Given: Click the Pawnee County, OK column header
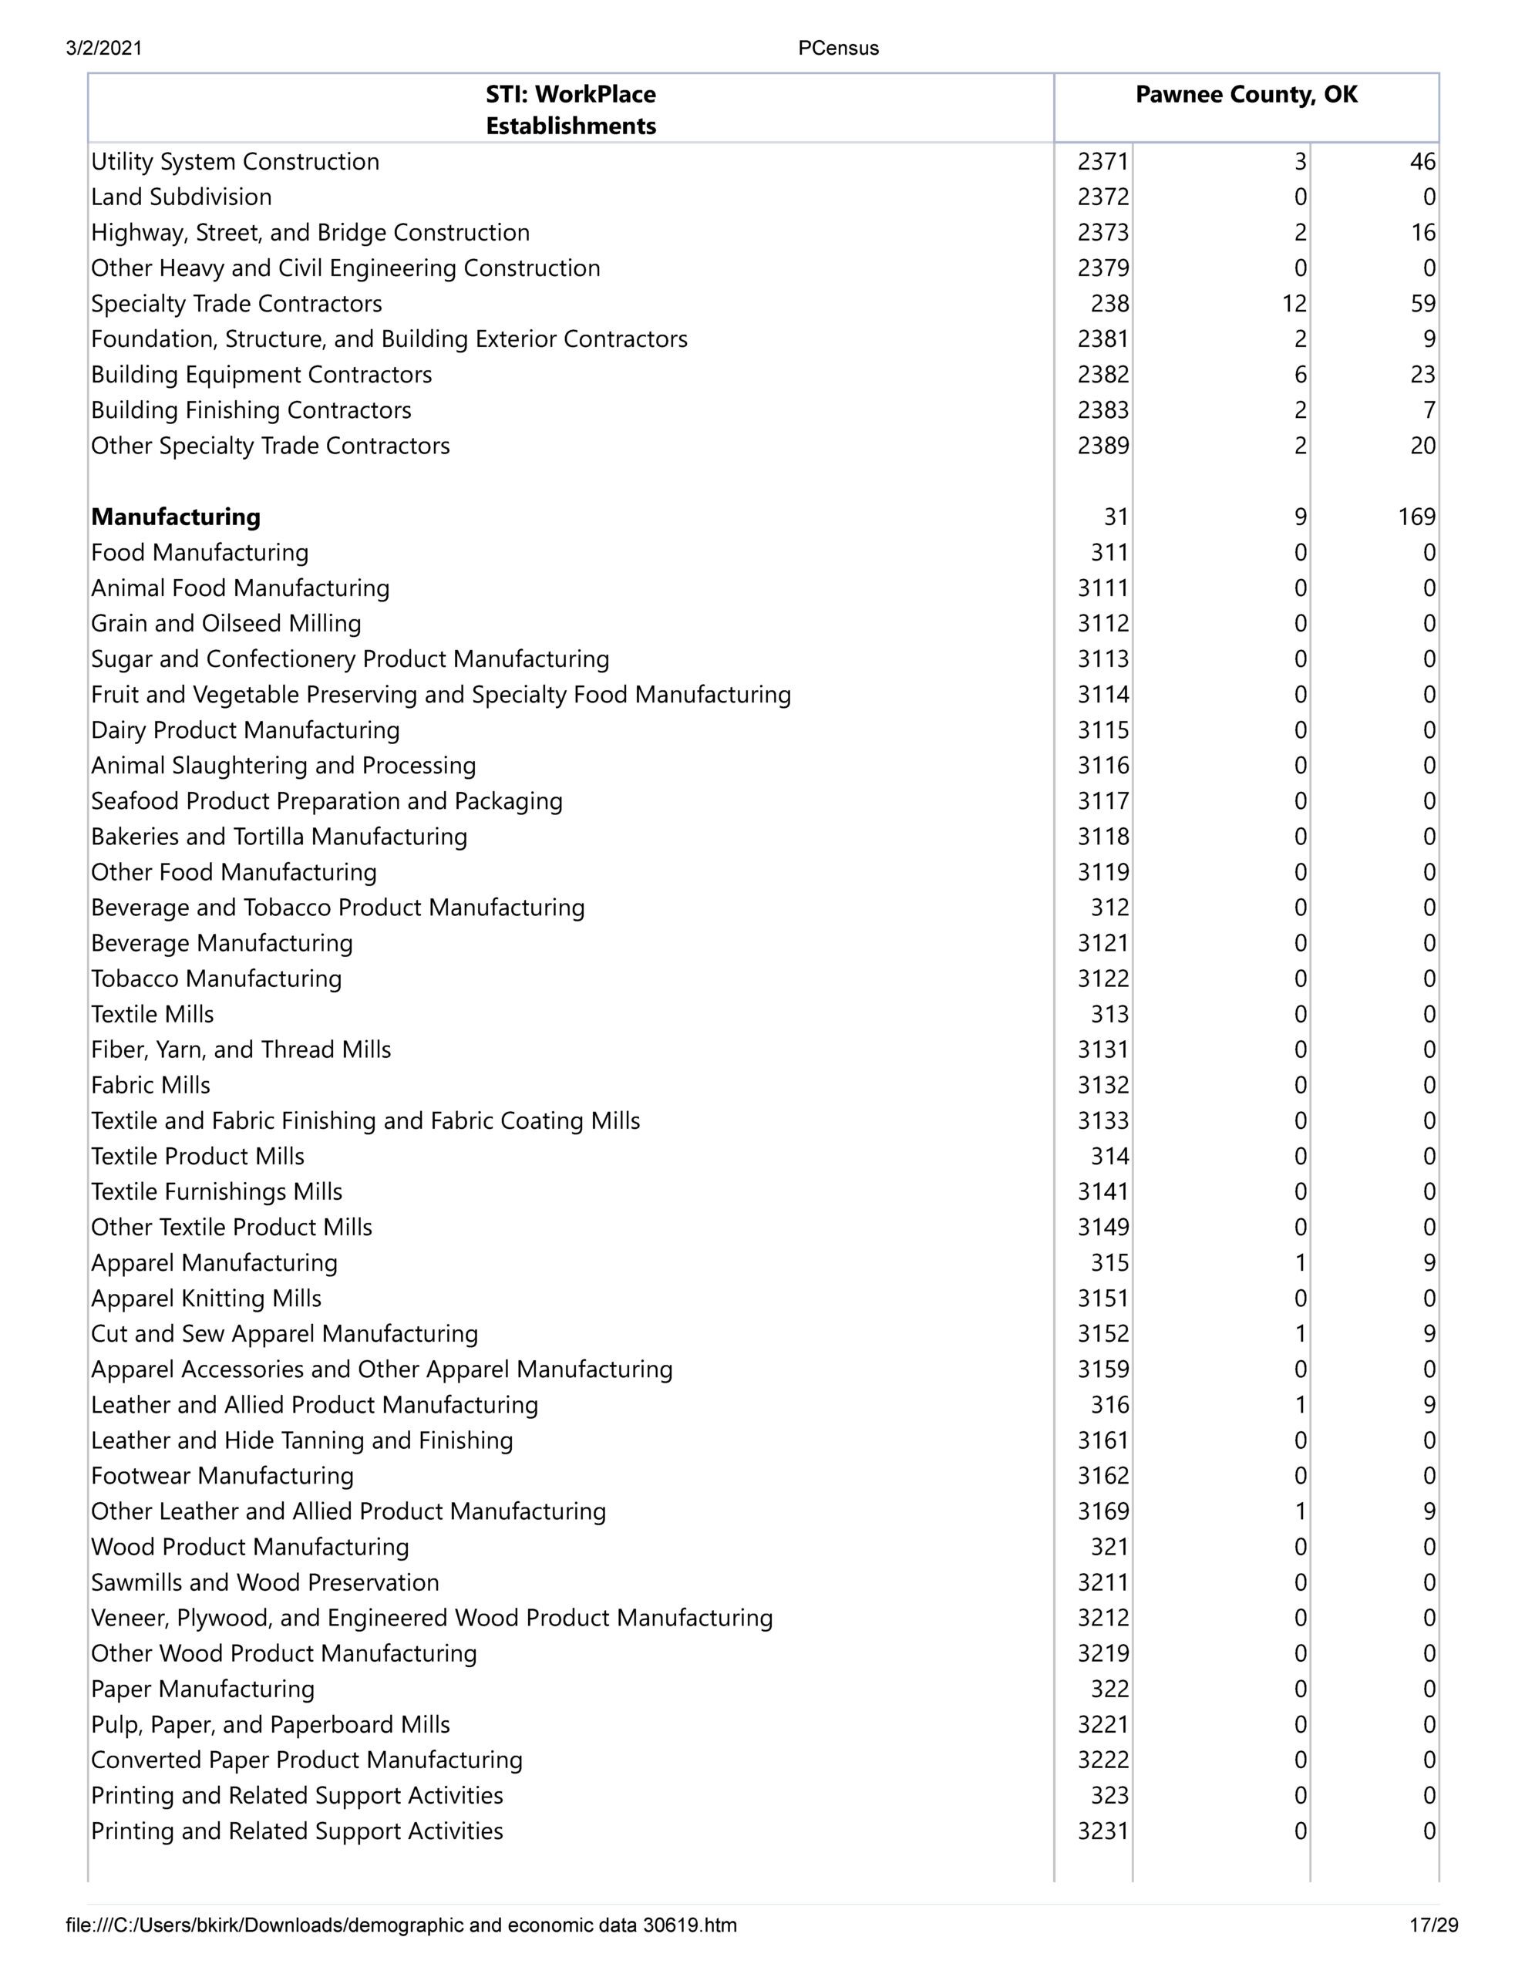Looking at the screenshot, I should [x=1246, y=95].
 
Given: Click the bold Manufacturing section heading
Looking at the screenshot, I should [x=175, y=517].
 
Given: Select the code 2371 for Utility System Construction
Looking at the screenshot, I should [x=1103, y=162].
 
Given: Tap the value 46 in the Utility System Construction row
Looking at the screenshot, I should [x=1422, y=162].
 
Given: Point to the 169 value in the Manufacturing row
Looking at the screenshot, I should [x=1416, y=517].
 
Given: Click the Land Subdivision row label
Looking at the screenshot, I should [x=180, y=197].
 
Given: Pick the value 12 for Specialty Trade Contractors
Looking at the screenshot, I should [x=1294, y=304].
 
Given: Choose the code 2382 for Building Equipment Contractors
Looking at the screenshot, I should [x=1103, y=375].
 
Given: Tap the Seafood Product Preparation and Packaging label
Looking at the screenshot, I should [x=326, y=802].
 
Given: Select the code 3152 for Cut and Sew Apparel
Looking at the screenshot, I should [x=1103, y=1334].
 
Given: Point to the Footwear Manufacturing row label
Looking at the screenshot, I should [x=222, y=1476].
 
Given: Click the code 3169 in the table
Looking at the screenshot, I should [x=1103, y=1511].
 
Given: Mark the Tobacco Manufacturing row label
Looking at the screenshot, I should [x=216, y=979].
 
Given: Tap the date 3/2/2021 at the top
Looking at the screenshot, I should [x=104, y=49].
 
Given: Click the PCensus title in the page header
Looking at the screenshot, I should [x=838, y=49].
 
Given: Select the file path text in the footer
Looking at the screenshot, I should [x=402, y=1925].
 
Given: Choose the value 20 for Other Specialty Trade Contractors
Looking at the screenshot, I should [x=1422, y=446].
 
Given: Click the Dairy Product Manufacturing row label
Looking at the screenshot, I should [x=245, y=730].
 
